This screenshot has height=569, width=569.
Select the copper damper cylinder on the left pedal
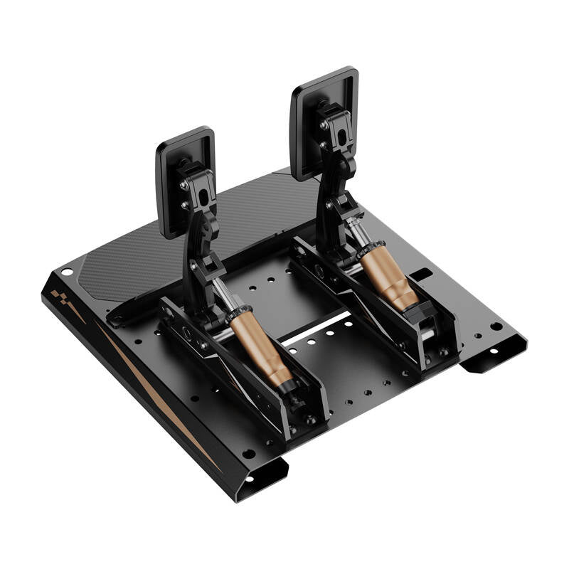(x=260, y=345)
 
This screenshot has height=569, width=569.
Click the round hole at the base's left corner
(x=67, y=272)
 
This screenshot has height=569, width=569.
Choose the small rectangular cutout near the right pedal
(x=421, y=272)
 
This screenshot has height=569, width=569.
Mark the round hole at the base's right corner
(x=496, y=326)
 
